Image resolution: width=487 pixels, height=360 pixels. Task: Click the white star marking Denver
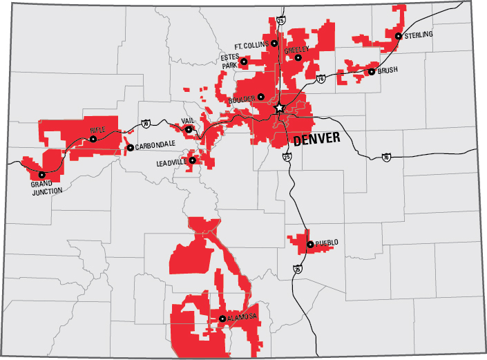[x=279, y=108]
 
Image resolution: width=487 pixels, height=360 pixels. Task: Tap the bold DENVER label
[x=316, y=140]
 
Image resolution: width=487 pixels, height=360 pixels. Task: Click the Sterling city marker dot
[x=399, y=36]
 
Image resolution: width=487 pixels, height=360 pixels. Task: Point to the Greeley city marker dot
[x=298, y=58]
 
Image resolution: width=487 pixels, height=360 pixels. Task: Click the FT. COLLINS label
[x=251, y=44]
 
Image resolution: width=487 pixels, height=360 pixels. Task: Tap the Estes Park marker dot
[x=244, y=62]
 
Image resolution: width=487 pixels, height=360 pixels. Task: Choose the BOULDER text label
[x=240, y=99]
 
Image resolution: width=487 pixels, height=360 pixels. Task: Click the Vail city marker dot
[x=189, y=129]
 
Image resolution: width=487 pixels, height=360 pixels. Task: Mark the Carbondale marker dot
[x=129, y=148]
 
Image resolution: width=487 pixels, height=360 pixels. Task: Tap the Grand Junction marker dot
[x=41, y=175]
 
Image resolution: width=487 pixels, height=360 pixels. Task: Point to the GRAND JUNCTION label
[x=46, y=188]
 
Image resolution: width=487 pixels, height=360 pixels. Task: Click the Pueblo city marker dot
[x=309, y=244]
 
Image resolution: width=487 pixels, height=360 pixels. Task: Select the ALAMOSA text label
[x=242, y=316]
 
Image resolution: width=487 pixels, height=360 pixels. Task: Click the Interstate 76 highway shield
[x=321, y=79]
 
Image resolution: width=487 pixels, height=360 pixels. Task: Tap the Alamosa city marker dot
[x=222, y=319]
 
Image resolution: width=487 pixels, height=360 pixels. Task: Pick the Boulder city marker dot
[x=261, y=97]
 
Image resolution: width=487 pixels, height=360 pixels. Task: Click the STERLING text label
[x=419, y=35]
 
